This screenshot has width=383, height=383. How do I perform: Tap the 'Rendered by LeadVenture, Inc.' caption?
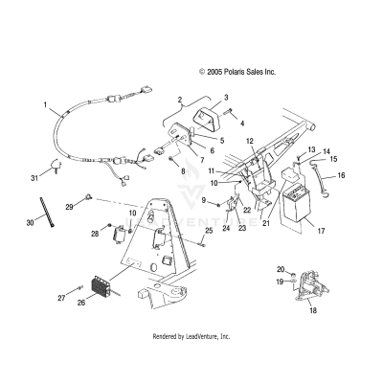pyautogui.click(x=191, y=337)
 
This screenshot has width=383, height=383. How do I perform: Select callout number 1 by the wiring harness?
pyautogui.click(x=44, y=102)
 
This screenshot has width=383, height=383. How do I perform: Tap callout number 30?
pyautogui.click(x=29, y=222)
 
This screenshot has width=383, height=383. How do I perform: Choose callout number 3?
pyautogui.click(x=226, y=98)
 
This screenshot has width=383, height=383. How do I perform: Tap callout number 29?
pyautogui.click(x=69, y=205)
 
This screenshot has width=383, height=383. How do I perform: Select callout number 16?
pyautogui.click(x=341, y=176)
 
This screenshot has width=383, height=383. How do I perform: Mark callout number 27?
pyautogui.click(x=60, y=299)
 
